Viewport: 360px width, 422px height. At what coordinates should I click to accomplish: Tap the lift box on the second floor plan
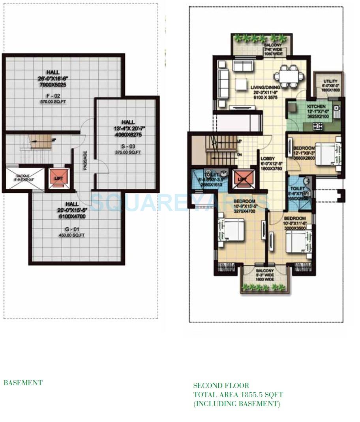click(242, 179)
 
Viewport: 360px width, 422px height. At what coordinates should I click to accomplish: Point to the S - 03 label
click(128, 146)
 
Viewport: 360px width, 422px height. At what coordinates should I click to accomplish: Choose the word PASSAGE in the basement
click(85, 161)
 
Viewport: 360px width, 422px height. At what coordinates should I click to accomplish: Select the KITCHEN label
click(317, 107)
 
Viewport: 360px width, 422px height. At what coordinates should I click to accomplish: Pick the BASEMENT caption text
click(23, 383)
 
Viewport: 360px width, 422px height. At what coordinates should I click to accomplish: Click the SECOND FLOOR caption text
click(221, 386)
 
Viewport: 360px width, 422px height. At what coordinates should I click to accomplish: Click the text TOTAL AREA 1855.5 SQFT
click(238, 395)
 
